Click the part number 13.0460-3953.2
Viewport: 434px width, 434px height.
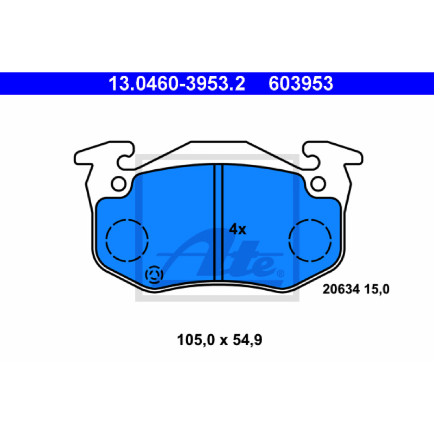(x=177, y=84)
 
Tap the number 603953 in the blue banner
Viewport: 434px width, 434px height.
(x=301, y=84)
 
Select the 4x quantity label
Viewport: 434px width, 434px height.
(x=238, y=229)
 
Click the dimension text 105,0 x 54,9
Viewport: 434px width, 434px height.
(x=220, y=340)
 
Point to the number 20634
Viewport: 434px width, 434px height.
(x=341, y=289)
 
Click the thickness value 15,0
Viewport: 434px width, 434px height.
(x=376, y=290)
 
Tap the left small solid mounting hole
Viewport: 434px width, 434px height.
(x=119, y=183)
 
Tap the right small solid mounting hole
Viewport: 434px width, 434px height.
(x=318, y=183)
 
